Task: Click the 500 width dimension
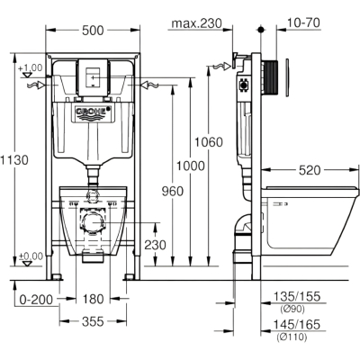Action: (x=93, y=31)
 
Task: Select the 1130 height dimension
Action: (x=14, y=160)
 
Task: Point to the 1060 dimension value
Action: (x=209, y=142)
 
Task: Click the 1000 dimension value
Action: (x=191, y=166)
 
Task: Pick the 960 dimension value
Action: (x=173, y=191)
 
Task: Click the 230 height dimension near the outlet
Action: (x=155, y=245)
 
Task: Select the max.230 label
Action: (x=197, y=22)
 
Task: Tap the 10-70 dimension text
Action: (x=303, y=22)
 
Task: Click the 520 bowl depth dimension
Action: (x=310, y=170)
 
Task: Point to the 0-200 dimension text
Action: (x=36, y=299)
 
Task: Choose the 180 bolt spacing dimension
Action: (x=93, y=299)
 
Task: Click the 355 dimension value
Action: (x=93, y=321)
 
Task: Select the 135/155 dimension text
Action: (x=296, y=297)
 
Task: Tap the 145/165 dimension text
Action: (x=296, y=324)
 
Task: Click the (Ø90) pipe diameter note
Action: (x=292, y=309)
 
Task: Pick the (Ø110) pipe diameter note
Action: (x=292, y=337)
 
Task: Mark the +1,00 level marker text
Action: (x=31, y=67)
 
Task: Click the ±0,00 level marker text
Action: (x=31, y=256)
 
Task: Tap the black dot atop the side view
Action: (x=261, y=30)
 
